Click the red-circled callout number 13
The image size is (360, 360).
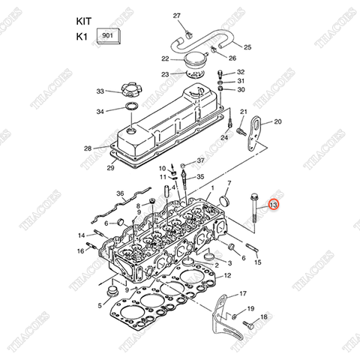273,204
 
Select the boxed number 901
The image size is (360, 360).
106,34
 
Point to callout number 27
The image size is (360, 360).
177,16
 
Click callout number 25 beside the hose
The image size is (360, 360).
247,47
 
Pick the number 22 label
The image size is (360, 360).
165,58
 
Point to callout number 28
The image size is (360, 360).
88,148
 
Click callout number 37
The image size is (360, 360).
201,160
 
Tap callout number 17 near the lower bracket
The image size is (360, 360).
242,294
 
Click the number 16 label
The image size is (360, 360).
80,250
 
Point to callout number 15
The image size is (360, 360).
257,262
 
